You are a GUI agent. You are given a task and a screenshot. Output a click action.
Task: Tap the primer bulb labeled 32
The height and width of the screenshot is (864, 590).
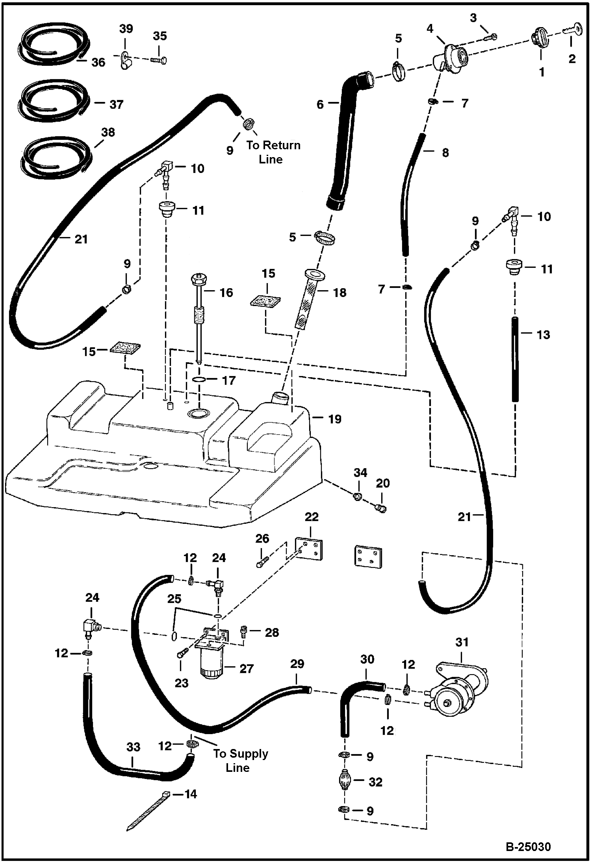(x=345, y=781)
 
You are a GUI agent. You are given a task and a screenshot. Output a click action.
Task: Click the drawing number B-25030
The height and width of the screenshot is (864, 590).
(x=528, y=846)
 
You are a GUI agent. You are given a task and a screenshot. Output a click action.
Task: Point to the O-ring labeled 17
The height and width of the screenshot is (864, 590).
(x=199, y=380)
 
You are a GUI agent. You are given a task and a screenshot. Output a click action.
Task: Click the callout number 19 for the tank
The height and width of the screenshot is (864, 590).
(x=335, y=419)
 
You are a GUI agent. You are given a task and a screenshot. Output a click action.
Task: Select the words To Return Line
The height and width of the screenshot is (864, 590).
(x=273, y=152)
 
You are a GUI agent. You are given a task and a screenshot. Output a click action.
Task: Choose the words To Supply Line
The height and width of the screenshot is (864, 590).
(x=240, y=760)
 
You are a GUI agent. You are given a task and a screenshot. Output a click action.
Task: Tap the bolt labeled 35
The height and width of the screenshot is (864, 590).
(x=158, y=60)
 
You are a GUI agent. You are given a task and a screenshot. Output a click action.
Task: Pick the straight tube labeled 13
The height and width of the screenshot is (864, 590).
(x=514, y=358)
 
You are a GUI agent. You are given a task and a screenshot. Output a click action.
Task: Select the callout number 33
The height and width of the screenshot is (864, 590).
(x=133, y=747)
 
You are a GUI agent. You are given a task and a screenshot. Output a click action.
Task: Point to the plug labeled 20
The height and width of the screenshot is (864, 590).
(x=381, y=508)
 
